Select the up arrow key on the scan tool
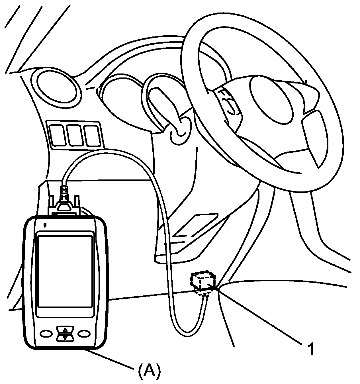[65, 330]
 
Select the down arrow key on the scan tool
[65, 337]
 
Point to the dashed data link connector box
[203, 282]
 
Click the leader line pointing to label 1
[259, 315]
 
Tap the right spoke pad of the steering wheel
[313, 136]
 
